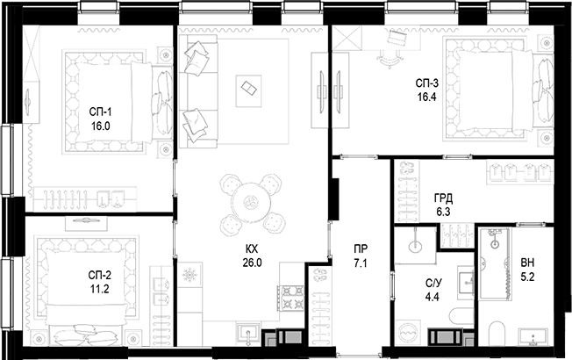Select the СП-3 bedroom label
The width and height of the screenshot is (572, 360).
pyautogui.click(x=427, y=83)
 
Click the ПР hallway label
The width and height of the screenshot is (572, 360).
pyautogui.click(x=359, y=249)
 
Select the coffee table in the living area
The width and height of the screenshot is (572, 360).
pyautogui.click(x=250, y=89)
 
